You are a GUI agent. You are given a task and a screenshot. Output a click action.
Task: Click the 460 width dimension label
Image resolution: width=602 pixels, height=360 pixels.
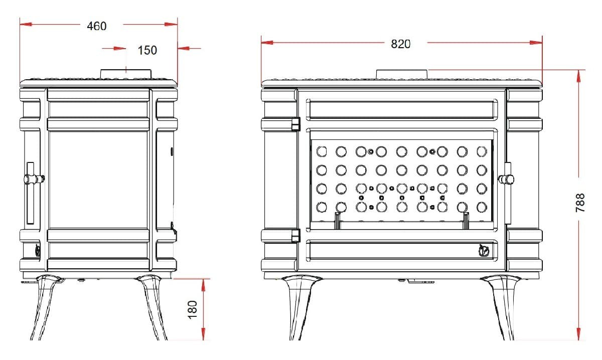click(97, 26)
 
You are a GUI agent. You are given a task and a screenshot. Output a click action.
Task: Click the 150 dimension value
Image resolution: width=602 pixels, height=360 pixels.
click(147, 50)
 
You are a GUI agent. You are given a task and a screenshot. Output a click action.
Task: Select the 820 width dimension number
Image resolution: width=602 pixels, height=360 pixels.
click(401, 44)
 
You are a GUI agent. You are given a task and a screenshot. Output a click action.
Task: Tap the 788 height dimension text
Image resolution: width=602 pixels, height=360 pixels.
click(580, 203)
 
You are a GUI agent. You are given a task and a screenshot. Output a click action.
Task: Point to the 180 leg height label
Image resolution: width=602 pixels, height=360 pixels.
click(193, 310)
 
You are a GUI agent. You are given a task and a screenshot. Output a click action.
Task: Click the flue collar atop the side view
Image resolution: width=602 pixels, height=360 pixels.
click(126, 74)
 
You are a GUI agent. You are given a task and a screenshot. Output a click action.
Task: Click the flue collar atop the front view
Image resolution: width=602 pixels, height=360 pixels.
click(402, 74)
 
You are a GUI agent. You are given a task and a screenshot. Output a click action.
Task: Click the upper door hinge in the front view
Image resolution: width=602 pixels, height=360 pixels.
click(295, 124)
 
